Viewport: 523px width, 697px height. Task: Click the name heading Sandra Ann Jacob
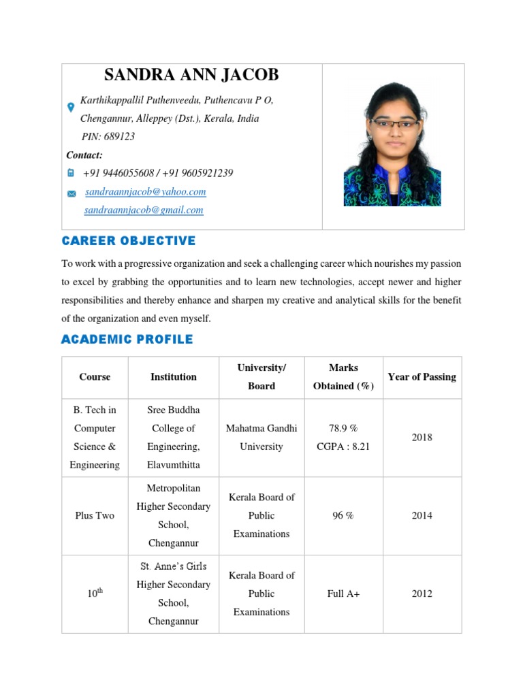click(191, 75)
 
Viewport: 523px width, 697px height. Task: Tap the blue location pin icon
click(70, 108)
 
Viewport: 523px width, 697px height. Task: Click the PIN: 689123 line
click(108, 136)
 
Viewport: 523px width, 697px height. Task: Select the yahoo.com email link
click(145, 192)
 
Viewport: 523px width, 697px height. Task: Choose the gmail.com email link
click(144, 210)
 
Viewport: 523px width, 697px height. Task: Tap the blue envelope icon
click(72, 194)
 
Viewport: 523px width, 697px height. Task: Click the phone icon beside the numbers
click(71, 174)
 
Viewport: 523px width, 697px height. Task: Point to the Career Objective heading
click(129, 241)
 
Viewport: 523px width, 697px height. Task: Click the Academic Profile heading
click(127, 339)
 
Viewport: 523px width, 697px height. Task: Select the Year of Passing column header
click(422, 377)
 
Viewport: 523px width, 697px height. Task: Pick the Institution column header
click(174, 377)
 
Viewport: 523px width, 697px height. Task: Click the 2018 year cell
click(422, 438)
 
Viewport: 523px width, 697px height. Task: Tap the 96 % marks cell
click(343, 516)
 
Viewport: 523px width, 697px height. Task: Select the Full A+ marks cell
click(343, 594)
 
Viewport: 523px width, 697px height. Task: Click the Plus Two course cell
click(95, 516)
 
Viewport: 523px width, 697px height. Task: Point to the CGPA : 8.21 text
click(343, 447)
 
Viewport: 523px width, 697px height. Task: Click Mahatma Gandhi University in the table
click(261, 438)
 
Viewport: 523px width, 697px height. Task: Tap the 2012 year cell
click(422, 594)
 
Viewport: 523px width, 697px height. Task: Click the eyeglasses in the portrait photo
click(395, 124)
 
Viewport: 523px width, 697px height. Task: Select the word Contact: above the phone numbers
click(84, 155)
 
